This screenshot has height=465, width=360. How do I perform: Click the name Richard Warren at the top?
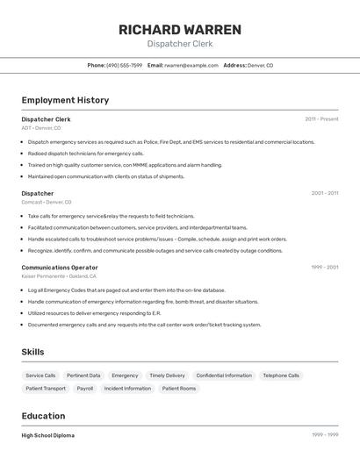pos(179,30)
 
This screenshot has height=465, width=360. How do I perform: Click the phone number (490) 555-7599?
pos(124,65)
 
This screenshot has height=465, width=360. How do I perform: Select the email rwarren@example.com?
pos(191,65)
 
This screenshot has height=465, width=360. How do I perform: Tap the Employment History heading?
pos(65,100)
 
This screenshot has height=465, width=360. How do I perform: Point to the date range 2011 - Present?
pos(321,118)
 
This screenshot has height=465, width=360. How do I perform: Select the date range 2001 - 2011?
pos(324,193)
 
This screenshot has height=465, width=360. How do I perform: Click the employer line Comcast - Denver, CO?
pos(47,202)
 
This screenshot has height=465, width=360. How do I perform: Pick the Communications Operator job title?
pos(60,268)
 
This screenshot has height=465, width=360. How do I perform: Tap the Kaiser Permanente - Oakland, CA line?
pos(60,276)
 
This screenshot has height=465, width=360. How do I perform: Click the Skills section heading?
pos(33,352)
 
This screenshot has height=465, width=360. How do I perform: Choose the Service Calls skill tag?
pos(41,376)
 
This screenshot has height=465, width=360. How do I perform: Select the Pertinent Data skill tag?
pos(83,376)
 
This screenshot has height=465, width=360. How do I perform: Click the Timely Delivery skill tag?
pos(167,376)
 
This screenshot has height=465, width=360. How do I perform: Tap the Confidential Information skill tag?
pos(224,376)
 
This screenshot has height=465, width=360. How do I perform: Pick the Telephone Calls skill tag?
pos(281,376)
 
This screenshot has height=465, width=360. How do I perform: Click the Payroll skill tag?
pos(85,388)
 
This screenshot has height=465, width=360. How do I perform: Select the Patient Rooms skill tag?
pos(179,388)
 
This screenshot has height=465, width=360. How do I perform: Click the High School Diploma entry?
pos(48,435)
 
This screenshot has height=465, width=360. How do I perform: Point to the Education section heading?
pos(43,416)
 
